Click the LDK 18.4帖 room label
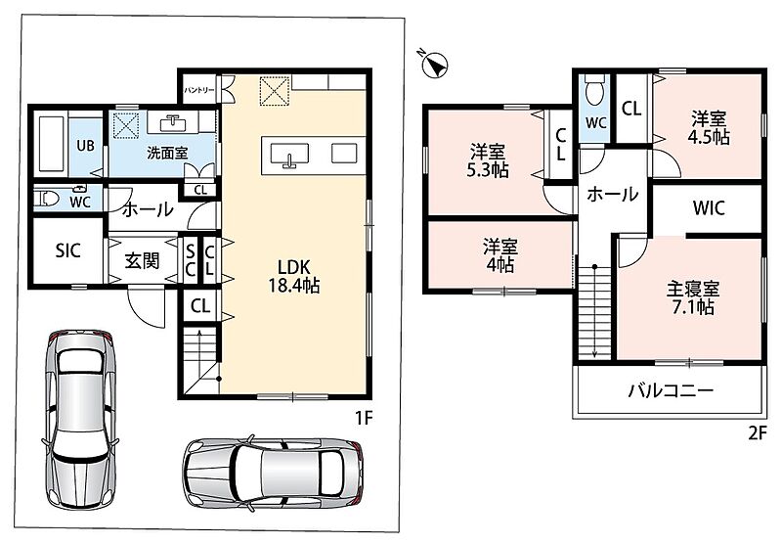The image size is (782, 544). click(x=294, y=276)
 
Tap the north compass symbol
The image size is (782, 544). click(x=435, y=64)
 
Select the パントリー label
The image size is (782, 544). click(x=199, y=90)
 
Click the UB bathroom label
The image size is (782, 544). click(x=85, y=145)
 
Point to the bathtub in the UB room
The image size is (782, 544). click(x=51, y=144)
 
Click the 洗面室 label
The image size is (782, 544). click(x=167, y=153)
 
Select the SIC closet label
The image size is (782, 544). click(x=67, y=250)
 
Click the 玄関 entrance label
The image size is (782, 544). click(x=142, y=260)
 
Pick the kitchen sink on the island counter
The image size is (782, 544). click(x=289, y=155)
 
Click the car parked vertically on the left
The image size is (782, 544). click(x=80, y=418)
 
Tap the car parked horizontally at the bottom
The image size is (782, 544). click(x=273, y=473)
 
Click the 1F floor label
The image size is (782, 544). click(x=364, y=417)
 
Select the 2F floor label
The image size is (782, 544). click(x=757, y=433)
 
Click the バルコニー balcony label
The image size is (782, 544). click(x=671, y=390)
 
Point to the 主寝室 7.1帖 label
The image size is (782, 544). click(x=693, y=298)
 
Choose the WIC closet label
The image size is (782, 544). click(x=709, y=207)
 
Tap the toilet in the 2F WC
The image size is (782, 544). click(x=594, y=91)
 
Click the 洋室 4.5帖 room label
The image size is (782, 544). click(x=709, y=127)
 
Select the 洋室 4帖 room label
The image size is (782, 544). click(x=500, y=255)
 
